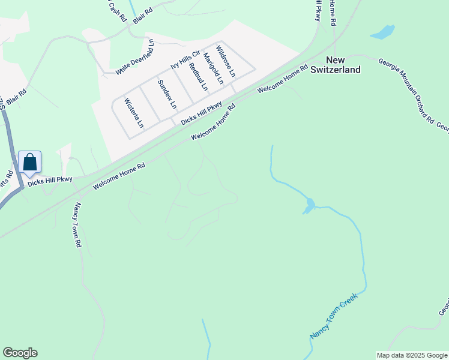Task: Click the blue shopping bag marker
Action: tap(29, 162)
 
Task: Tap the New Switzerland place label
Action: tap(336, 65)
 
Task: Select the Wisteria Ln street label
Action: tap(133, 113)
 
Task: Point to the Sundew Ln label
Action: tap(167, 94)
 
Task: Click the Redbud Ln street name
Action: tap(197, 76)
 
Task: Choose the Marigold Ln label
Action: tap(213, 68)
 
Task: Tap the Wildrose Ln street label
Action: tap(226, 60)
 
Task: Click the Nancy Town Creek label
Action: tap(334, 315)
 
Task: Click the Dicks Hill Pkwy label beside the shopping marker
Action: tap(50, 179)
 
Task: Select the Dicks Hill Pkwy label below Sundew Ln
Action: tap(202, 113)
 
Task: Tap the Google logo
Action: tap(20, 353)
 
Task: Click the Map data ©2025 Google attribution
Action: tap(412, 355)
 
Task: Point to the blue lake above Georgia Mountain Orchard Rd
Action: tap(382, 32)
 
